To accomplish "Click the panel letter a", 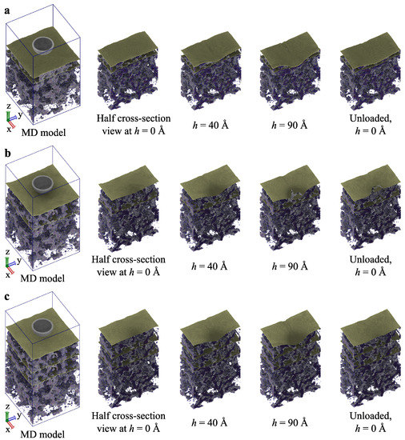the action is pyautogui.click(x=7, y=10).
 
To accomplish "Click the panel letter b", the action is pyautogui.click(x=7, y=154).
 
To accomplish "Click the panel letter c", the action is pyautogui.click(x=7, y=297).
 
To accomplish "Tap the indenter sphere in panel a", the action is pyautogui.click(x=43, y=46).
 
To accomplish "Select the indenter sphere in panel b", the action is pyautogui.click(x=42, y=184).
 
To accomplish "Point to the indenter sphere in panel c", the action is pyautogui.click(x=42, y=326).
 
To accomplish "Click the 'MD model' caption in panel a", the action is pyautogui.click(x=43, y=133).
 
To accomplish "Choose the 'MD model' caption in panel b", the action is pyautogui.click(x=42, y=278).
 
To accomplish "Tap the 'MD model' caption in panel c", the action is pyautogui.click(x=42, y=434).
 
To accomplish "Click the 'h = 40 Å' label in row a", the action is pyautogui.click(x=211, y=125).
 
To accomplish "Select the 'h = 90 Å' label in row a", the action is pyautogui.click(x=290, y=125).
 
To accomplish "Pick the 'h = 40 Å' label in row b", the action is pyautogui.click(x=210, y=266).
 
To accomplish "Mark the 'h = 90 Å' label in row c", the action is pyautogui.click(x=290, y=422).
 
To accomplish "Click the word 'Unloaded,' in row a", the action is pyautogui.click(x=371, y=118).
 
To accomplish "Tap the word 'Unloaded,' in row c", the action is pyautogui.click(x=371, y=416).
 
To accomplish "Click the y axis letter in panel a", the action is pyautogui.click(x=20, y=114).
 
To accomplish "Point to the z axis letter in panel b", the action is pyautogui.click(x=7, y=252).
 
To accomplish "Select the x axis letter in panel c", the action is pyautogui.click(x=7, y=430).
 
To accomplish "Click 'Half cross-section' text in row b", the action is pyautogui.click(x=128, y=259).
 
